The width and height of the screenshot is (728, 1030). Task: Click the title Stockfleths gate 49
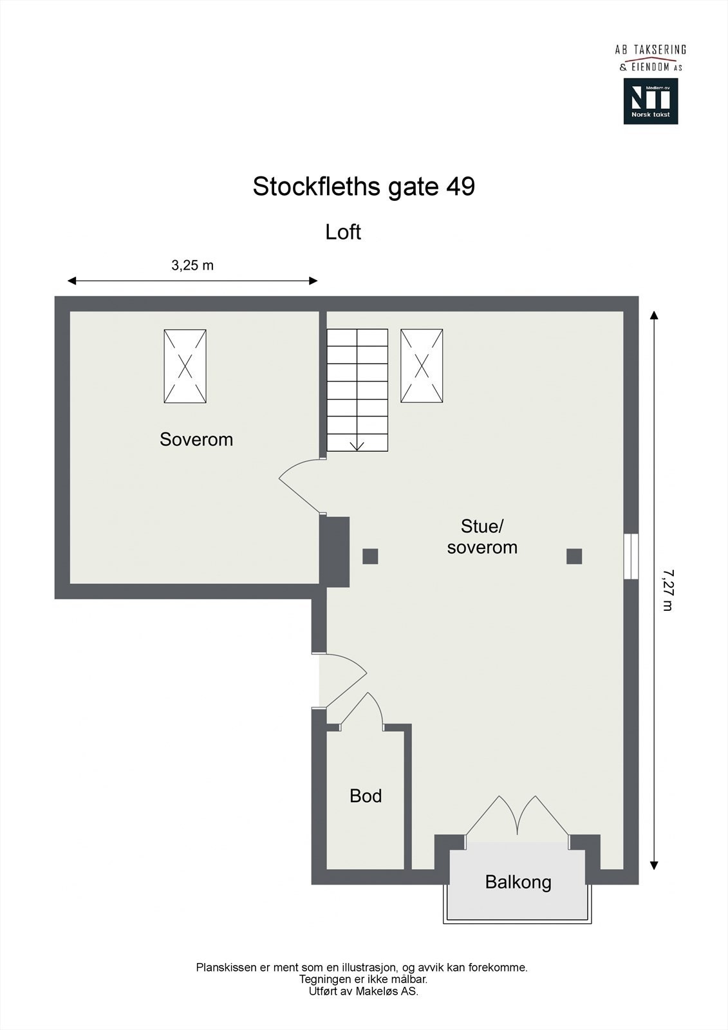click(364, 187)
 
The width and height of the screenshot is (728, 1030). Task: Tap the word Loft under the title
click(343, 232)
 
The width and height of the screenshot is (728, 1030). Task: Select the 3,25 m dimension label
click(192, 265)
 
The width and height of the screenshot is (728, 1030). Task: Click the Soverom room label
click(196, 440)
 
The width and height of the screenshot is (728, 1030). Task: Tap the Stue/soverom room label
click(482, 537)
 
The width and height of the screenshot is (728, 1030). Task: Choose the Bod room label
click(366, 796)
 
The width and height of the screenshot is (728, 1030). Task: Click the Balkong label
click(518, 882)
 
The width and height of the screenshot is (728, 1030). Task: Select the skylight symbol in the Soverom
click(185, 366)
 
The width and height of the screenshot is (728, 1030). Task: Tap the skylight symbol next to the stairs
click(422, 366)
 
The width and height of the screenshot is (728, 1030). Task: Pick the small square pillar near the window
click(574, 556)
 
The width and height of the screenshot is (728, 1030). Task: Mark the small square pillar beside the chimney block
click(370, 556)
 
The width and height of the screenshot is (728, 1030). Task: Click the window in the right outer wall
click(631, 556)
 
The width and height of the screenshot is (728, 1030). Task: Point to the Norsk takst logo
click(650, 101)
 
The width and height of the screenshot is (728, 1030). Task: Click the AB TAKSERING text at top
click(650, 50)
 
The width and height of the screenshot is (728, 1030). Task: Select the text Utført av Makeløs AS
click(363, 992)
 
